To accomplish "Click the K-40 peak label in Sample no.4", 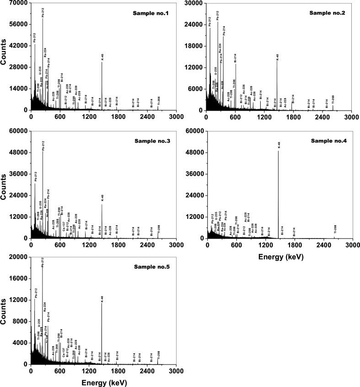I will [279, 145].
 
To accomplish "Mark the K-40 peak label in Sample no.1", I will [102, 57].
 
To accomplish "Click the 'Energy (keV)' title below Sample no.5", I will [102, 381].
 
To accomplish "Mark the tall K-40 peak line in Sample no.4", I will [279, 192].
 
